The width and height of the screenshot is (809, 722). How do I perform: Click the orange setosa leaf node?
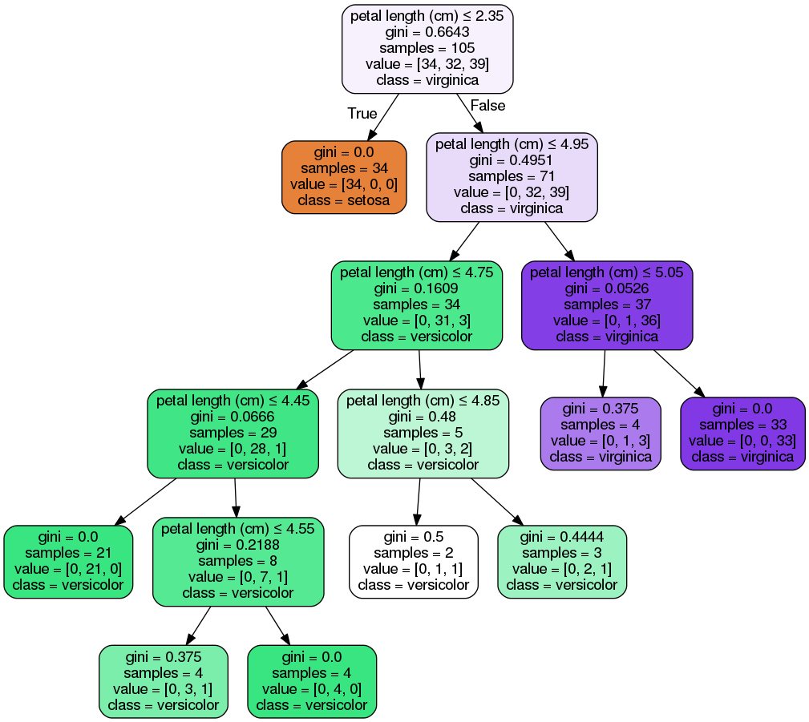(x=344, y=177)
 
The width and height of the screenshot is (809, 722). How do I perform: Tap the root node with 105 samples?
(x=427, y=49)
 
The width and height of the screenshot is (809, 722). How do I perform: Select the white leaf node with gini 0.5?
(x=413, y=562)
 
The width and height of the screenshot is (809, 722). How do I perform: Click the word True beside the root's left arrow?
(x=362, y=114)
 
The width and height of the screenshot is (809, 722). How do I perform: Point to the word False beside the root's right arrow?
(x=487, y=106)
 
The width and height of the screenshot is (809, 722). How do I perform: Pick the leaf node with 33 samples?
(x=742, y=434)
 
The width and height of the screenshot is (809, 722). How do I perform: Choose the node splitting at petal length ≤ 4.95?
(x=512, y=177)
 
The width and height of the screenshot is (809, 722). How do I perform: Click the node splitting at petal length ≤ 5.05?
(x=607, y=305)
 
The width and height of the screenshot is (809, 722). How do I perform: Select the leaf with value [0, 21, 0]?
(x=68, y=562)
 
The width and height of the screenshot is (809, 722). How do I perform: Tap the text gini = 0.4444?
(x=562, y=537)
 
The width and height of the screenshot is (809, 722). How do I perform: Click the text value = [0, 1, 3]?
(x=601, y=441)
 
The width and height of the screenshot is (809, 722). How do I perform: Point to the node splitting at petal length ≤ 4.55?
(x=238, y=562)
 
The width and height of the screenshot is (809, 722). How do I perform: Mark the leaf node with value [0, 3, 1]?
(x=163, y=681)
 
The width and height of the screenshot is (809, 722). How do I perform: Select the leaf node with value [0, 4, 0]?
(x=312, y=681)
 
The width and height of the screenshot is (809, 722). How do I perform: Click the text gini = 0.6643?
(x=427, y=32)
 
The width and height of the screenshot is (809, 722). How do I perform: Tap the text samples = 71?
(x=512, y=176)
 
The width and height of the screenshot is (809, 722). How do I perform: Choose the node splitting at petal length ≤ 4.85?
(x=423, y=434)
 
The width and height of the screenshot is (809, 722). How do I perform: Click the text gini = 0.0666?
(x=233, y=417)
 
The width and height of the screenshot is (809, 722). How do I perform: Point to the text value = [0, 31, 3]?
(x=417, y=321)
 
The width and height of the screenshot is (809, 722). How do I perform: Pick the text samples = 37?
(x=607, y=305)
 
